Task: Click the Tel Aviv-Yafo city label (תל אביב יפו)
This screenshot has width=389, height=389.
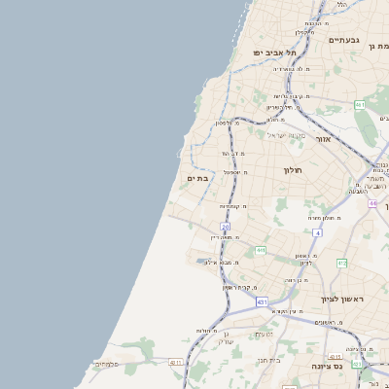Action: [x=275, y=53]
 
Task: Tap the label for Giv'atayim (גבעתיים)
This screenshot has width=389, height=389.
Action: [x=344, y=40]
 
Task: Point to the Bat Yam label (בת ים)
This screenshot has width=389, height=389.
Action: [x=197, y=178]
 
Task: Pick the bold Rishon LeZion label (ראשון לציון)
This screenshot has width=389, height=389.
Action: [x=341, y=299]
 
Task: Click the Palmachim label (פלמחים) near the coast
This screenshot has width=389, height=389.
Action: [x=106, y=364]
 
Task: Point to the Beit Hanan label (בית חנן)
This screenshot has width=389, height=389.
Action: [x=267, y=360]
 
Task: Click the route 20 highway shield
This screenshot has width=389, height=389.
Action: [x=225, y=227]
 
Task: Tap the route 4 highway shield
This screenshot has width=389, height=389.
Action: [x=317, y=233]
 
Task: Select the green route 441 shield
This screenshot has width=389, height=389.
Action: [x=260, y=250]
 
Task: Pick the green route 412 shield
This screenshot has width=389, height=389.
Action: [x=342, y=263]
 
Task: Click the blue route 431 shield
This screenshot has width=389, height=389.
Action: [x=262, y=302]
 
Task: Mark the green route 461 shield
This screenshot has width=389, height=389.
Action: [x=360, y=104]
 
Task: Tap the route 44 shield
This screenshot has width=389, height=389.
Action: [x=372, y=202]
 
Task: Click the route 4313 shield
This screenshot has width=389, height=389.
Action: [x=336, y=357]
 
